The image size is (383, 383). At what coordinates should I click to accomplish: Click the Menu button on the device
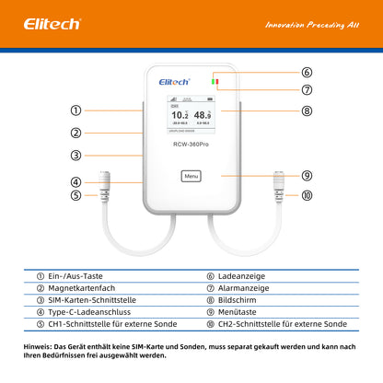(191, 176)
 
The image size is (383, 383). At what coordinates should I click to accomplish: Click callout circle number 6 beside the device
(307, 72)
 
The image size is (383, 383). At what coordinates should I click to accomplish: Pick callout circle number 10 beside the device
(307, 195)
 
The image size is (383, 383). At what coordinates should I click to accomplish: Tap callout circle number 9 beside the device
(307, 175)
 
